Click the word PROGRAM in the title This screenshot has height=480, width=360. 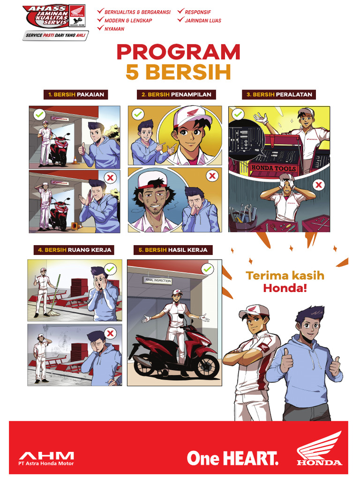[x=178, y=52]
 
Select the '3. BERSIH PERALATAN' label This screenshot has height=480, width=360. [x=279, y=95]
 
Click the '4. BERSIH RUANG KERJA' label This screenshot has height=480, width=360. [x=75, y=250]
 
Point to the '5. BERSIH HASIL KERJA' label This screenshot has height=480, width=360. [x=172, y=250]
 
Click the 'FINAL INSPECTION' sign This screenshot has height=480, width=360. [x=157, y=281]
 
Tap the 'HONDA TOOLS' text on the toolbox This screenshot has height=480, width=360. [x=274, y=168]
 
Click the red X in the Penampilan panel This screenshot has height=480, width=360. [x=212, y=176]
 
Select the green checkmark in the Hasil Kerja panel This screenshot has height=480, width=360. [x=207, y=269]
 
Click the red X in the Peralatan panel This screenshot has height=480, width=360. [x=319, y=185]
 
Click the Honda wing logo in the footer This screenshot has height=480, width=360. [x=319, y=450]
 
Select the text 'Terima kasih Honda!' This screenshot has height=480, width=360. [x=285, y=282]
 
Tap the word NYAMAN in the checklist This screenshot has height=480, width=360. [x=114, y=29]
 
